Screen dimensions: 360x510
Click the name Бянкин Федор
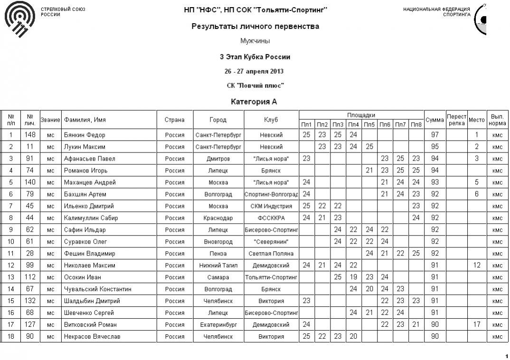[x=85, y=135]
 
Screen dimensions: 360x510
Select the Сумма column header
[x=434, y=120]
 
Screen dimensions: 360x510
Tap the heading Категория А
[x=254, y=102]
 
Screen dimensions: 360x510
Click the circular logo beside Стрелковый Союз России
[x=19, y=19]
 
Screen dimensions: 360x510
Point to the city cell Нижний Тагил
[x=218, y=265]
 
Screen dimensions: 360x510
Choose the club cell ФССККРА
[x=271, y=218]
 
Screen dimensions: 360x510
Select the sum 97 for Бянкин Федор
[x=434, y=135]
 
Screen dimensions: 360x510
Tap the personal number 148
[x=30, y=135]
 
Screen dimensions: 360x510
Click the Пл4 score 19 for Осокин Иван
[x=353, y=277]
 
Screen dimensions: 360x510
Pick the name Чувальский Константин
[x=97, y=289]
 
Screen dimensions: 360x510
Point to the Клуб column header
[x=271, y=120]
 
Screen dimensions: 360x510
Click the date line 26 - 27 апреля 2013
[x=254, y=72]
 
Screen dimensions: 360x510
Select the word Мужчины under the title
[x=255, y=41]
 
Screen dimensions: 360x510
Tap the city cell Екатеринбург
[x=218, y=325]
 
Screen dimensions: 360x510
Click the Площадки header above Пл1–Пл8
[x=361, y=115]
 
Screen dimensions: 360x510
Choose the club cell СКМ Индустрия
[x=271, y=206]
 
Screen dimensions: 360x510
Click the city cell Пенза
[x=218, y=254]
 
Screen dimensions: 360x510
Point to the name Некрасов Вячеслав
[x=92, y=337]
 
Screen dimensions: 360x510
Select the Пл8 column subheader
[x=416, y=124]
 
